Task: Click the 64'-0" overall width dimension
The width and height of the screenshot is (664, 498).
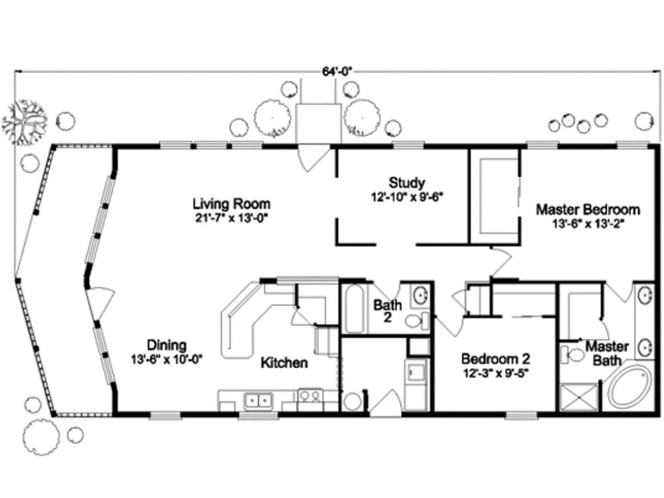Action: click(337, 72)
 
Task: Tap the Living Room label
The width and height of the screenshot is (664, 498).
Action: click(232, 204)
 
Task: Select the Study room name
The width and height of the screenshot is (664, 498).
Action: click(406, 183)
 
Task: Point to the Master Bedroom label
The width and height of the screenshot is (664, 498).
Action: click(588, 209)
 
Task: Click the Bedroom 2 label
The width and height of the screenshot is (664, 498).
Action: click(495, 359)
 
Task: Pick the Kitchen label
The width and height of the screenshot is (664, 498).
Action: click(284, 363)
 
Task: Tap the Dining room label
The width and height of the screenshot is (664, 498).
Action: click(167, 345)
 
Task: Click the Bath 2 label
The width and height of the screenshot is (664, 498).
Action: click(387, 311)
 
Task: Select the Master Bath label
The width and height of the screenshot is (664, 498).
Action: click(607, 353)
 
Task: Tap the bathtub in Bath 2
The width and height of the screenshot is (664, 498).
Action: click(355, 308)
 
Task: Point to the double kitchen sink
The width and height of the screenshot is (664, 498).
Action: click(258, 400)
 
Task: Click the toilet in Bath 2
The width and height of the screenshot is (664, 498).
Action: click(416, 320)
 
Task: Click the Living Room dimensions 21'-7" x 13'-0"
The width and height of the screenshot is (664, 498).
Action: click(231, 218)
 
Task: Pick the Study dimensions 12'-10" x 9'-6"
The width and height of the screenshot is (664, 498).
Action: click(406, 197)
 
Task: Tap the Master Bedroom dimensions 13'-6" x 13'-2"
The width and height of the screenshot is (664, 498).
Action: click(588, 223)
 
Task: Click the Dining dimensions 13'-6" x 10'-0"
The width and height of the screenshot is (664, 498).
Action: click(167, 359)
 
